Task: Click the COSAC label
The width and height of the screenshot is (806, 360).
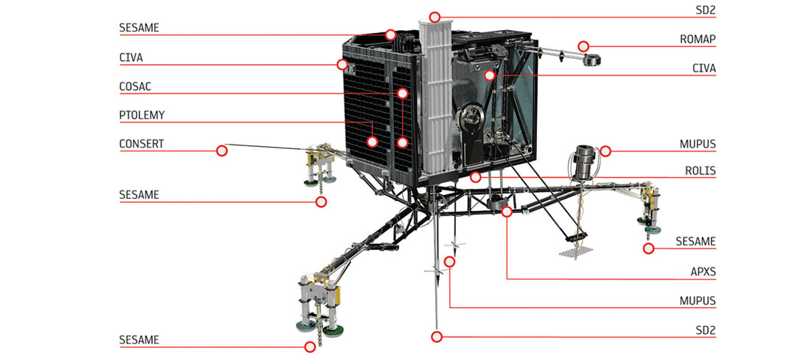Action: pos(135,87)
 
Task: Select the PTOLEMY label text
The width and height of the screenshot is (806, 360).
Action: pos(142,115)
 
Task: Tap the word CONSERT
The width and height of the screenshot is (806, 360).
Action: pos(142,144)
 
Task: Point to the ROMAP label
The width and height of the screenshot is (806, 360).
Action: pos(698,39)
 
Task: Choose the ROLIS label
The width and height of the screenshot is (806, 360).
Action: pos(700,171)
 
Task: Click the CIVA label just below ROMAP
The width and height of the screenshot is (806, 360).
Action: pos(704,68)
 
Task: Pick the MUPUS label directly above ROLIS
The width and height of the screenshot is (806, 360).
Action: pos(698,145)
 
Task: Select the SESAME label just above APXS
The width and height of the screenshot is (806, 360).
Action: pos(695,241)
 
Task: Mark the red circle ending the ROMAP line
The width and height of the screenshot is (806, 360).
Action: pos(583,46)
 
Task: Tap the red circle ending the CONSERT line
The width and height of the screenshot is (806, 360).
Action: pos(221,151)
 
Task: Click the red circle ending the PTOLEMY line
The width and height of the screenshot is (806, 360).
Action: pos(372,142)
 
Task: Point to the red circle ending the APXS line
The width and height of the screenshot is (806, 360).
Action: pos(507,212)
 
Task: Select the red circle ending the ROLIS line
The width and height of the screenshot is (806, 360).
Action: pos(475,178)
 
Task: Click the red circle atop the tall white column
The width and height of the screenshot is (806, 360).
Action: pos(435,17)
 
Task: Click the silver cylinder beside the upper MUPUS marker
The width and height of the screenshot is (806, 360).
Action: pos(584,162)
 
